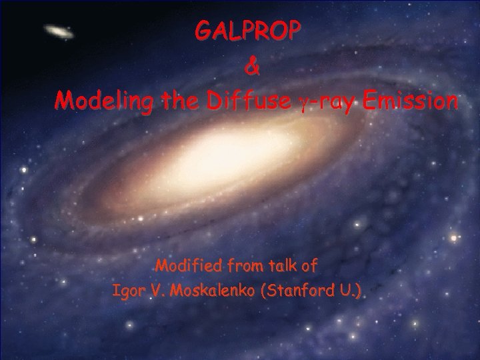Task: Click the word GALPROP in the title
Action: (x=247, y=31)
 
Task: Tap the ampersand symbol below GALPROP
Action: (x=249, y=67)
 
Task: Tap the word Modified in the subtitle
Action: (x=185, y=267)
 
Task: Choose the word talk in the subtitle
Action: (x=273, y=267)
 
